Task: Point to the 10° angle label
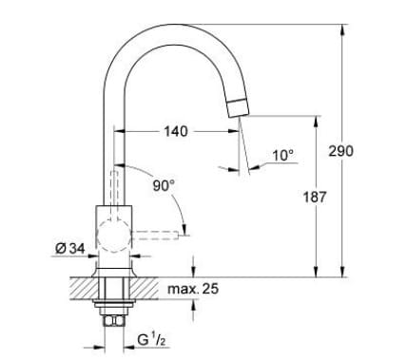[x=283, y=154]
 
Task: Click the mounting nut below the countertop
[x=115, y=306]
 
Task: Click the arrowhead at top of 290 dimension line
[x=343, y=29]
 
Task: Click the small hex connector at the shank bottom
[x=115, y=323]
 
